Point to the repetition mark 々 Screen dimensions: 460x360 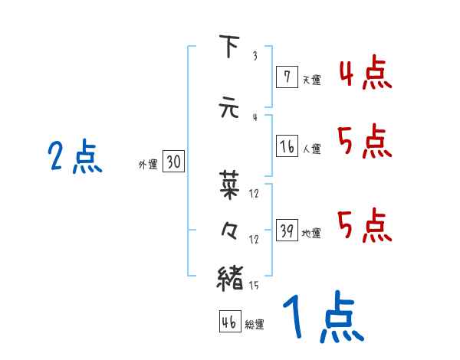pos(229,230)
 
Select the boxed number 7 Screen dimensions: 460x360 pos(287,77)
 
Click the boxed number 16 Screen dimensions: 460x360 pos(287,146)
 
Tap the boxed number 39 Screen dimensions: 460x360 pos(287,231)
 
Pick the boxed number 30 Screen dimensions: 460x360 pos(173,162)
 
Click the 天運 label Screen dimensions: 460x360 pos(310,79)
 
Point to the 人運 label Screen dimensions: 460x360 pos(311,149)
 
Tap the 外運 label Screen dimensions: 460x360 pos(148,164)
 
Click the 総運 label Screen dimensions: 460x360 pos(255,325)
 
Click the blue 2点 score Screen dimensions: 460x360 pos(74,158)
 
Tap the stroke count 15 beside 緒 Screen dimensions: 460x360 pos(255,285)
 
